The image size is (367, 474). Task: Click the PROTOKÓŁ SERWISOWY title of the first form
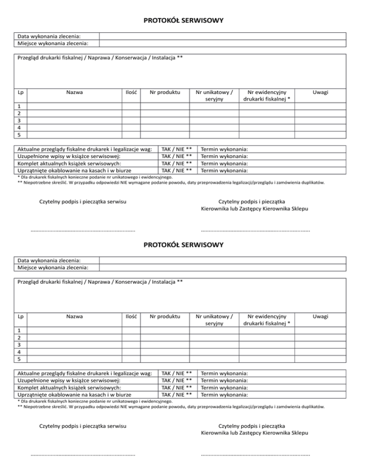184,21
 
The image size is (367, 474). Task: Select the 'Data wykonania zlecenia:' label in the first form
49,36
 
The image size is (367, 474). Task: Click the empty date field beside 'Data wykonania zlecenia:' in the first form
222,36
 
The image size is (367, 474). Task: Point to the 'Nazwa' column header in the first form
74,92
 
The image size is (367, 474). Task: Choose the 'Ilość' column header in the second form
131,316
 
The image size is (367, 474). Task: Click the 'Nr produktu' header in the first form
164,92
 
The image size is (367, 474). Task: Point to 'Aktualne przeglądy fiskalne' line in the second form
84,373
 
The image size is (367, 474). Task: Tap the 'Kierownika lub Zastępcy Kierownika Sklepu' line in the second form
255,433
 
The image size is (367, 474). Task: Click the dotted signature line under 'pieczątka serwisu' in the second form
82,455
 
